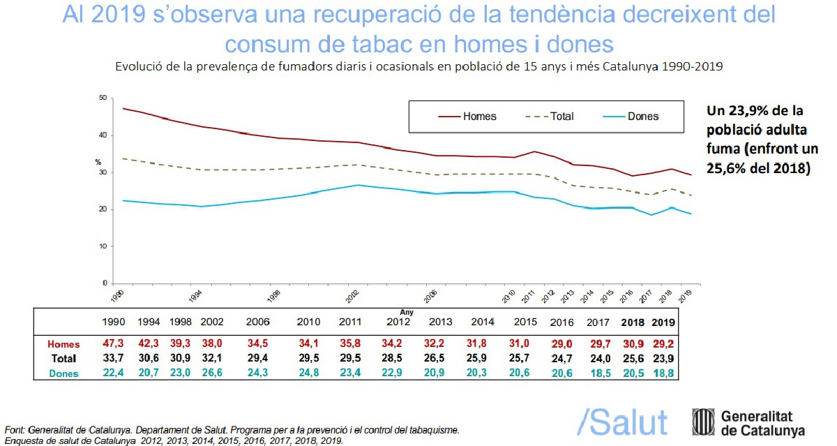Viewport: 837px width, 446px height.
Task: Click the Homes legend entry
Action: pyautogui.click(x=479, y=117)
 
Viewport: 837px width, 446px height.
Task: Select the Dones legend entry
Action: pyautogui.click(x=643, y=117)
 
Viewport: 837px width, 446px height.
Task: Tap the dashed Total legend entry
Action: pyautogui.click(x=561, y=117)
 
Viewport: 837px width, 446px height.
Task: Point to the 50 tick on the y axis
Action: pyautogui.click(x=103, y=98)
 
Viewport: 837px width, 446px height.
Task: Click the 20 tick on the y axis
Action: pyautogui.click(x=103, y=209)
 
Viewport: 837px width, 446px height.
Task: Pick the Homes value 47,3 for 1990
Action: pyautogui.click(x=113, y=344)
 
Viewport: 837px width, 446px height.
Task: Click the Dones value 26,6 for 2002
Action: pyautogui.click(x=212, y=373)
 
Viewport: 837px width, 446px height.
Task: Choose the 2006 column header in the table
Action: pyautogui.click(x=258, y=322)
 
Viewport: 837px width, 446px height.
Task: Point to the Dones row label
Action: pyautogui.click(x=63, y=373)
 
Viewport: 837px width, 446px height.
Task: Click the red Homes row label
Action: pyautogui.click(x=63, y=344)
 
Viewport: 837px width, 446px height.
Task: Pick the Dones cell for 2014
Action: pyautogui.click(x=481, y=373)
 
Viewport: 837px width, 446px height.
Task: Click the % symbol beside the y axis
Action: pyautogui.click(x=98, y=163)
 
